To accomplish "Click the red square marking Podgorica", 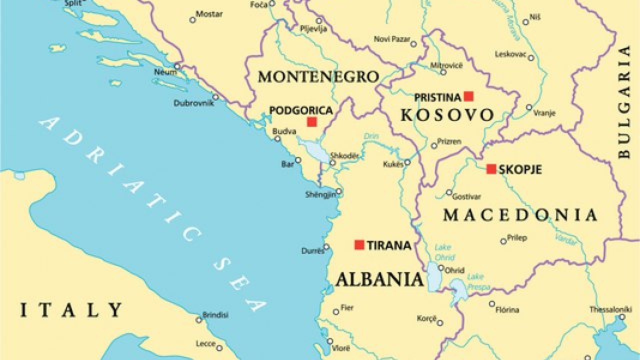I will coord(312,121).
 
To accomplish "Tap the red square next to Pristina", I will coord(468,96).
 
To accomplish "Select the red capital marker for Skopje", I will coord(491,169).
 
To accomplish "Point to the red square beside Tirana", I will coord(359,244).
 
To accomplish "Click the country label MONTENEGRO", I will coord(318,76).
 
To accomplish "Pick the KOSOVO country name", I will coord(447,115).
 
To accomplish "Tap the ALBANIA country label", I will coord(379,279).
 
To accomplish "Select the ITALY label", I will coord(71,310).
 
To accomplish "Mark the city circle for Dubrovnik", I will coord(215,97).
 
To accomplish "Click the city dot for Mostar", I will coord(192,20).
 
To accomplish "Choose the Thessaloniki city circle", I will coord(622,317).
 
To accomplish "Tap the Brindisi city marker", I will coord(198,319).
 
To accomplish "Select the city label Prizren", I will coord(449,141).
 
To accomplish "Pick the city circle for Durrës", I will coord(326,246).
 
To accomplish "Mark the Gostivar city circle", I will coord(449,192).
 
